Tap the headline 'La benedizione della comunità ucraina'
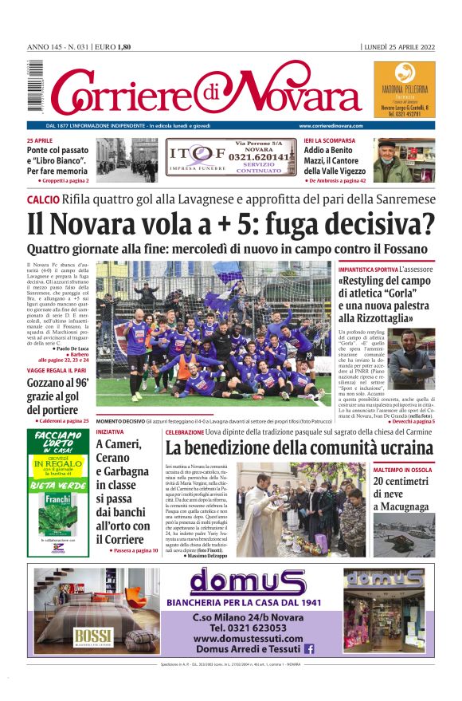299,447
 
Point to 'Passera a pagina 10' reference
126,550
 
